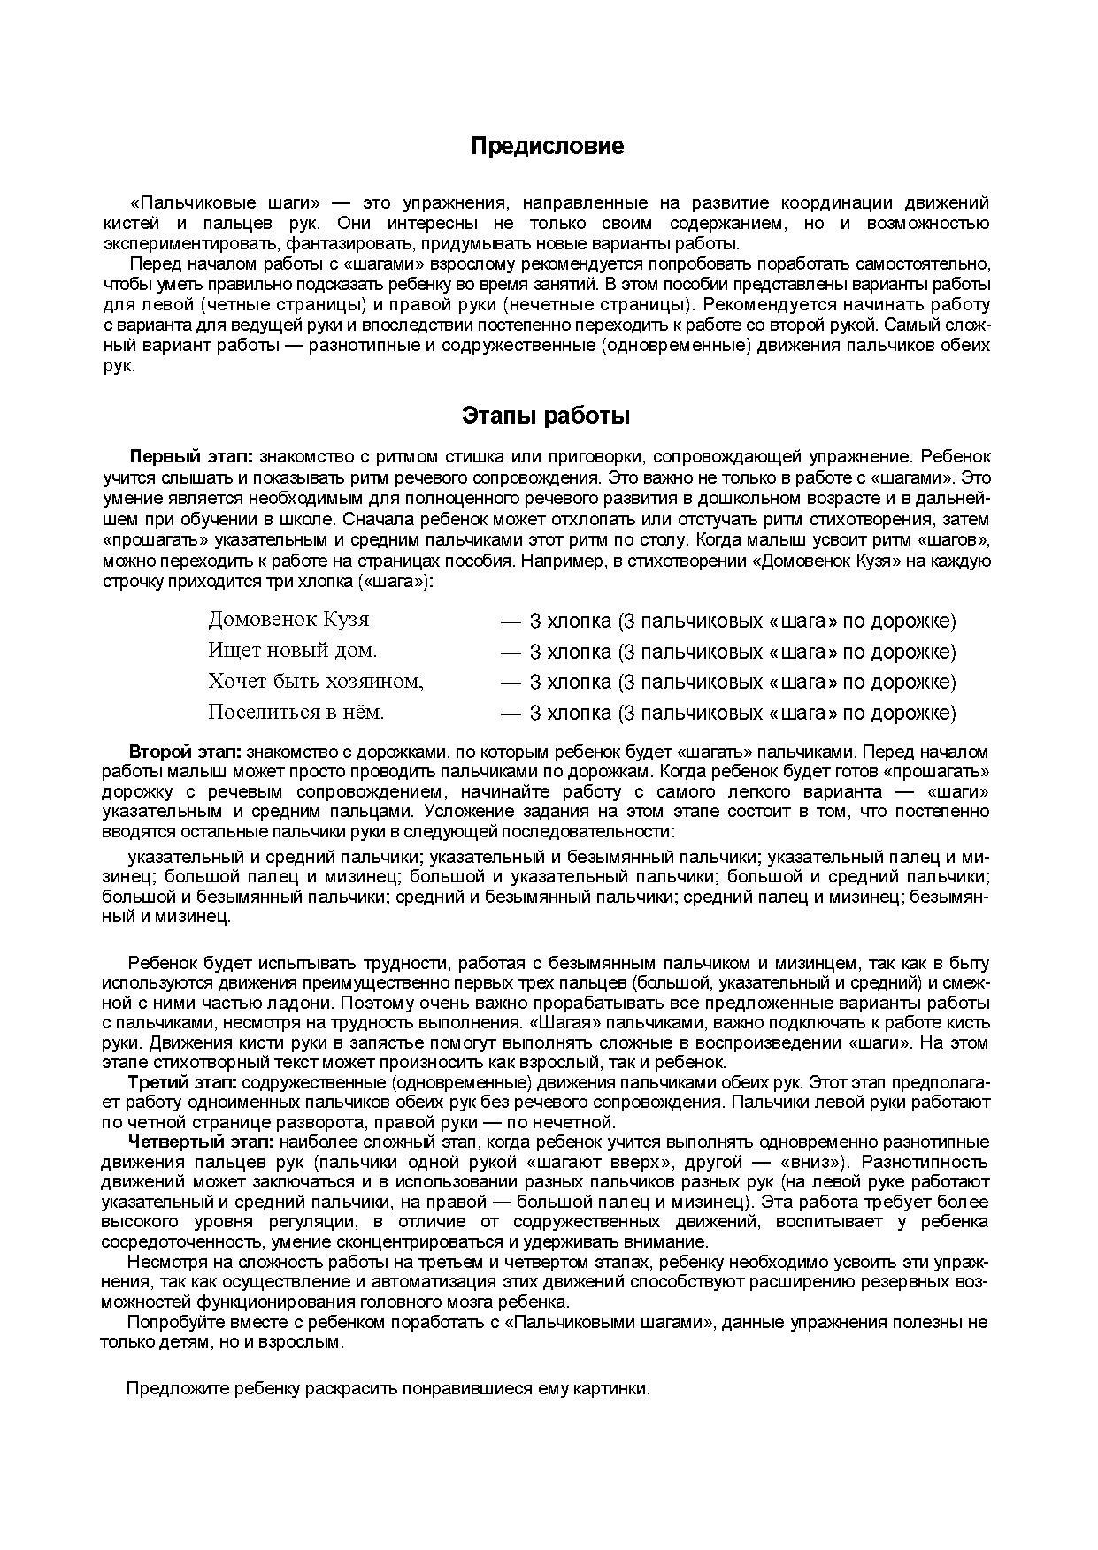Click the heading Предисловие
[547, 146]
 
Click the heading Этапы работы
[546, 415]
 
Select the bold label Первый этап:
[191, 457]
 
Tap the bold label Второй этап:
[185, 752]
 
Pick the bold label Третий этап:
[182, 1082]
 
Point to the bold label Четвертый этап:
[201, 1142]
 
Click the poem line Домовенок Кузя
[288, 619]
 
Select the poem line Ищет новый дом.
[292, 650]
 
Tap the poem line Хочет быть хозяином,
[316, 681]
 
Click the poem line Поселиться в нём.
[296, 712]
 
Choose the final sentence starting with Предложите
[388, 1388]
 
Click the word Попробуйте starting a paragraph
[169, 1322]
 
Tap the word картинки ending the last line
[616, 1388]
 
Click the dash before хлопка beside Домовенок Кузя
[510, 621]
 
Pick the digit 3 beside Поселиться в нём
[534, 713]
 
